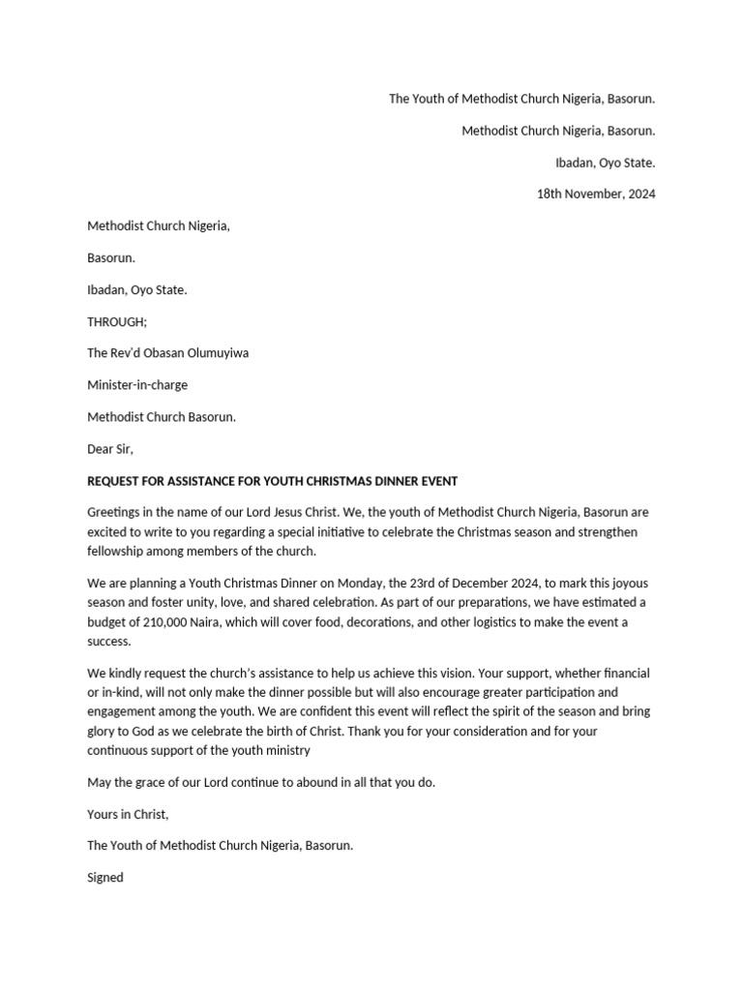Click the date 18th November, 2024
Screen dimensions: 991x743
tap(596, 194)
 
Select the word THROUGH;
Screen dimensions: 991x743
tap(118, 321)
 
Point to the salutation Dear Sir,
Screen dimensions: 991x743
tap(110, 449)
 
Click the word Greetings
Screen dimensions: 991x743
tap(115, 512)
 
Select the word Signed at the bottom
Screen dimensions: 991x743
tap(105, 878)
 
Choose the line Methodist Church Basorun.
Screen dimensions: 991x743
tap(162, 417)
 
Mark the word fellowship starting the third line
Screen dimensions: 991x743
tap(117, 551)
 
